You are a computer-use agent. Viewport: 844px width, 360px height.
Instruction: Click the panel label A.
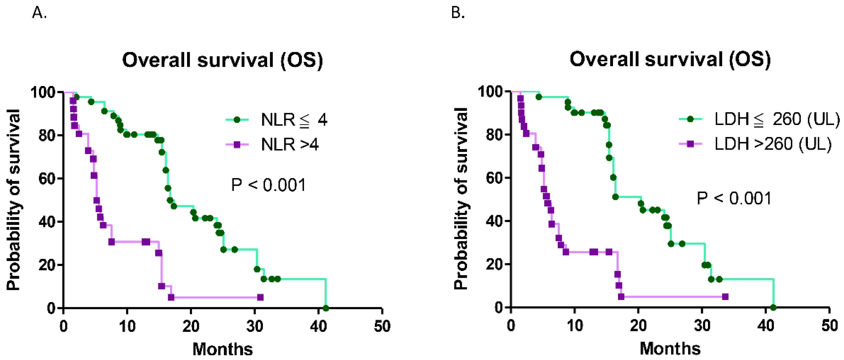click(x=39, y=13)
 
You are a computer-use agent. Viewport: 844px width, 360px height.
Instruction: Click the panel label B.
click(x=458, y=13)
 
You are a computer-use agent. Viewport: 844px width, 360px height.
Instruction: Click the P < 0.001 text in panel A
click(x=268, y=185)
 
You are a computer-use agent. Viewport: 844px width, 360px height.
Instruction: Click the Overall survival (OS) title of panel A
click(x=222, y=60)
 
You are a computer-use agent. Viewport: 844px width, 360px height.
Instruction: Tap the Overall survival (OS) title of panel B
click(x=670, y=60)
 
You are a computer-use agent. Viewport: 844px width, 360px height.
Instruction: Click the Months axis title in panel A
click(x=222, y=349)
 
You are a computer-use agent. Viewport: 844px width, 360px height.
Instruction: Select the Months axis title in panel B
click(x=670, y=349)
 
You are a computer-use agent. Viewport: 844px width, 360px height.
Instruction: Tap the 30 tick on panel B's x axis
click(x=702, y=326)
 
